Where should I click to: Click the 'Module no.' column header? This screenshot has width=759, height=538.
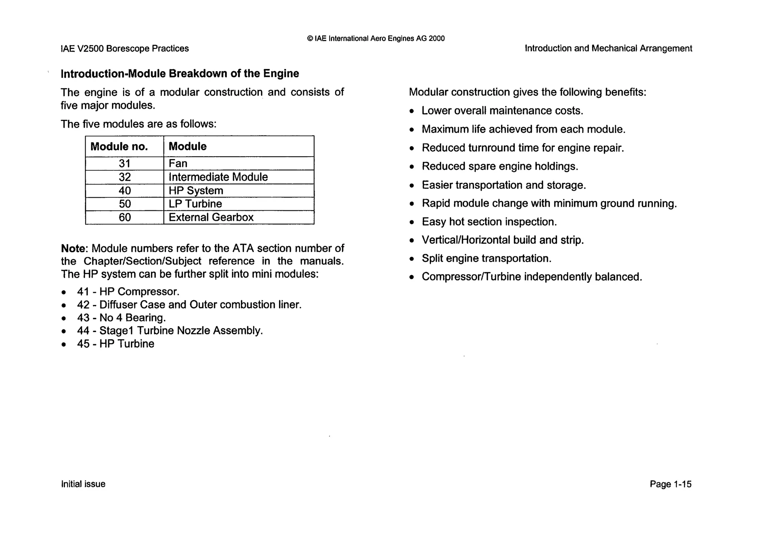[119, 147]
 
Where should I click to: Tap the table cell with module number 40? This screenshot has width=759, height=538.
[125, 191]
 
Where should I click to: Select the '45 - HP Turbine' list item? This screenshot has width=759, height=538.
[115, 344]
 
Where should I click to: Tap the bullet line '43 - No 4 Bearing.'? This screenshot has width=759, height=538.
[121, 318]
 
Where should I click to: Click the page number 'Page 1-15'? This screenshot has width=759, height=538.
[670, 484]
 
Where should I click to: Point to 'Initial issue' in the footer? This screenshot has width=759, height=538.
[83, 484]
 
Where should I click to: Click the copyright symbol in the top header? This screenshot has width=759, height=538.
[310, 39]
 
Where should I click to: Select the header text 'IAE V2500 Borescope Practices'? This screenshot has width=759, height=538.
[125, 49]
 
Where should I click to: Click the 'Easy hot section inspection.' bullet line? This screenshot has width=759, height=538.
[489, 222]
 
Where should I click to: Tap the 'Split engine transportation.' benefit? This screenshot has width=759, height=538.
[486, 259]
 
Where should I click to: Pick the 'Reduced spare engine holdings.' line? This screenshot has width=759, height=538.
[500, 166]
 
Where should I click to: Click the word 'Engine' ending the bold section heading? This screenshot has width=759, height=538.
[281, 73]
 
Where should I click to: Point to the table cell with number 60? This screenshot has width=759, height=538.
[125, 217]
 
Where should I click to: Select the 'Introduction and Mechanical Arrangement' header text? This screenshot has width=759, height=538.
[608, 49]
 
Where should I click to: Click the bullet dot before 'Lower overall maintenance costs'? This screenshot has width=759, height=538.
[412, 111]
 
